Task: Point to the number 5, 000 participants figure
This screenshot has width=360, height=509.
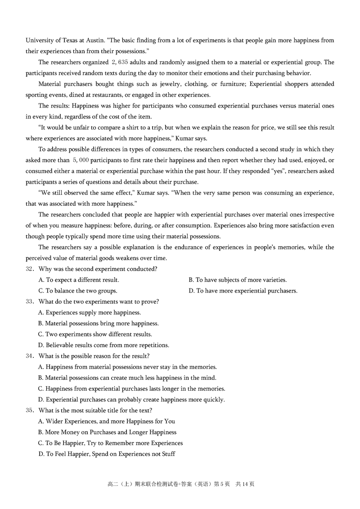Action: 82,160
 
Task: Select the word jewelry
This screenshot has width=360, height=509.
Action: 159,84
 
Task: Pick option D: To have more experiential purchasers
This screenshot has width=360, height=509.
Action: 243,291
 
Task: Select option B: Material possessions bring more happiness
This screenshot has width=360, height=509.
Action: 99,324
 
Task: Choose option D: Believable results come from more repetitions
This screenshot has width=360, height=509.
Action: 104,345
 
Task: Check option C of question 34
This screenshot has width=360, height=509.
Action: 132,388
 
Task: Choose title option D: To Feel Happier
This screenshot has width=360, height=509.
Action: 107,454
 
